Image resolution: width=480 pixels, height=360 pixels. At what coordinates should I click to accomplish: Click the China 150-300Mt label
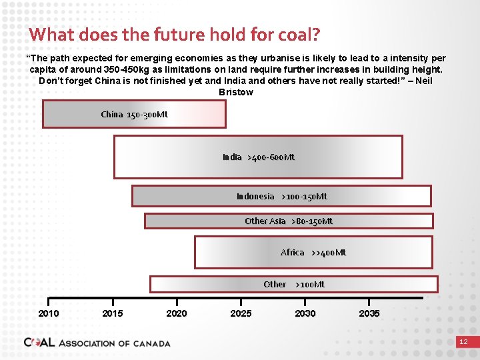134,114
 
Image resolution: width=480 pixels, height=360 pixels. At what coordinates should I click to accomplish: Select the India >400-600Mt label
258,157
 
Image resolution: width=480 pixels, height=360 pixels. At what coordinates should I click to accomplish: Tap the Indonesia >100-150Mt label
281,196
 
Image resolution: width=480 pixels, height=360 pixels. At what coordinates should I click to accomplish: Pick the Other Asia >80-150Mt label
288,221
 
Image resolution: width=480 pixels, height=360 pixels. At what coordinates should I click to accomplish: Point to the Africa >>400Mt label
313,252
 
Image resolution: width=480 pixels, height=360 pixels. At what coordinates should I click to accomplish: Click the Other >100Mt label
294,284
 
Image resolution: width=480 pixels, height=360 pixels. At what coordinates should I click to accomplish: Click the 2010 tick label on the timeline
49,313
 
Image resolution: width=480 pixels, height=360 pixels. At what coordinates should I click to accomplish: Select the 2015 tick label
113,313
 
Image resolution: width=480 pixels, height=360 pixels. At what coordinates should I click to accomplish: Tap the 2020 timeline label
177,313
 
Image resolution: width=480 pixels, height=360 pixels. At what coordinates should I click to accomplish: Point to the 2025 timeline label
241,313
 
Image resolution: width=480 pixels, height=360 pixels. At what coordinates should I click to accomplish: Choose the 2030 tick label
305,313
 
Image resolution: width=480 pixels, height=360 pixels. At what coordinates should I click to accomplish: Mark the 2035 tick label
369,313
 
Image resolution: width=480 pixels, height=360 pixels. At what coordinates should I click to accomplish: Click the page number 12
463,342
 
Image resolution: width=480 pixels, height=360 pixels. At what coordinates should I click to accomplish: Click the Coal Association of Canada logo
97,343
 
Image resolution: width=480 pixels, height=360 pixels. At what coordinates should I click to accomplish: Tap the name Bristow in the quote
236,92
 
